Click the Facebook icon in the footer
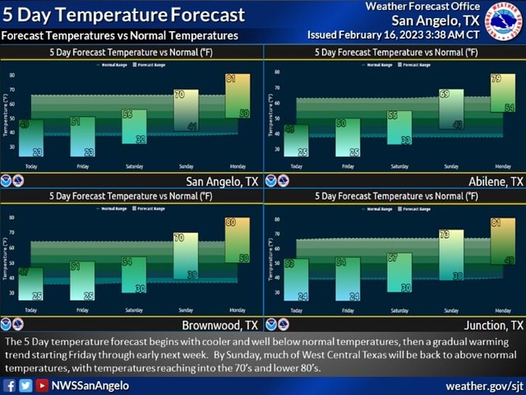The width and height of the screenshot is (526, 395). (10, 385)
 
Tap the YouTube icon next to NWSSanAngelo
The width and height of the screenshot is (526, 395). (41, 385)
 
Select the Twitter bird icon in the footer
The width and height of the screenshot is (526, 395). (25, 385)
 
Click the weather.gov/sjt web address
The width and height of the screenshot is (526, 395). (484, 385)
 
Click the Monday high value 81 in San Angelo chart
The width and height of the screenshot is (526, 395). (231, 79)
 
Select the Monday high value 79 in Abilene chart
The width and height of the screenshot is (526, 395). (496, 79)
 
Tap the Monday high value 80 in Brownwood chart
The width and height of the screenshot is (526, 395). (231, 223)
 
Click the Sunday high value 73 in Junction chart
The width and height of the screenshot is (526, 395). (445, 235)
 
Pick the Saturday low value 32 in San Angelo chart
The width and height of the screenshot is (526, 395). (141, 140)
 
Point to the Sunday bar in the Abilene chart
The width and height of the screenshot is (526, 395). (451, 109)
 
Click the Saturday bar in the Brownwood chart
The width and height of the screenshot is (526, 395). (134, 275)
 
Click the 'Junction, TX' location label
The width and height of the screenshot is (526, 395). (493, 325)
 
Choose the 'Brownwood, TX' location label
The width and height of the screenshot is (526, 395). (220, 325)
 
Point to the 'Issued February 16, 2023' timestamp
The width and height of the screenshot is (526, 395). (393, 35)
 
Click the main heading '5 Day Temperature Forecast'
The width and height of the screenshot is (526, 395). (123, 15)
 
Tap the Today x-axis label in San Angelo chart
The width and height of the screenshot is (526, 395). (31, 165)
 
